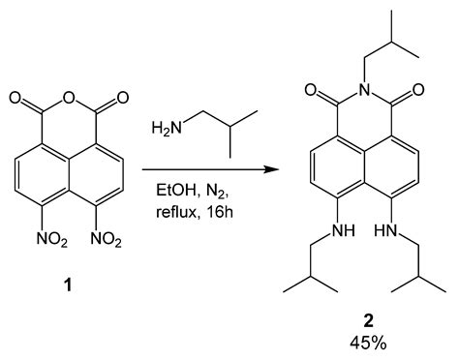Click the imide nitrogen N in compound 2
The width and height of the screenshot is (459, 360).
369,93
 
